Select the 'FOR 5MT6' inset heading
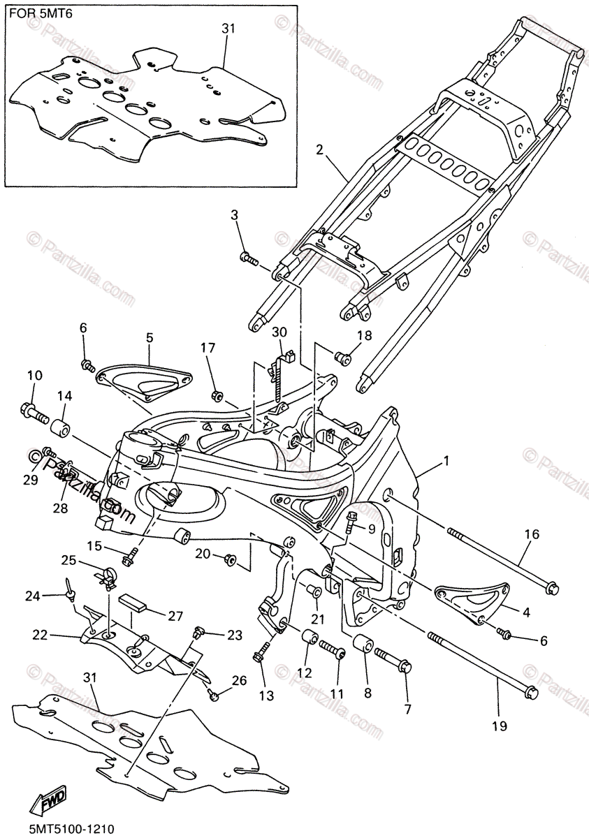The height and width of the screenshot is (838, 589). [x=37, y=13]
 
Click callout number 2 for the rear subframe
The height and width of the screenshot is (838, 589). [x=319, y=149]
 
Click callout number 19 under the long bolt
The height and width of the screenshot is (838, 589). [x=498, y=726]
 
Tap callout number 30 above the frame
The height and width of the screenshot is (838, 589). [x=279, y=331]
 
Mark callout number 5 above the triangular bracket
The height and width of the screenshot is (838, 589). [x=149, y=337]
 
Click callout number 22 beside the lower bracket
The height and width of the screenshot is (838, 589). [x=39, y=634]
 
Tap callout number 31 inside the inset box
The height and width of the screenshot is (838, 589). [x=228, y=29]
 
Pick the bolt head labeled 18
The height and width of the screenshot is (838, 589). [x=342, y=358]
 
